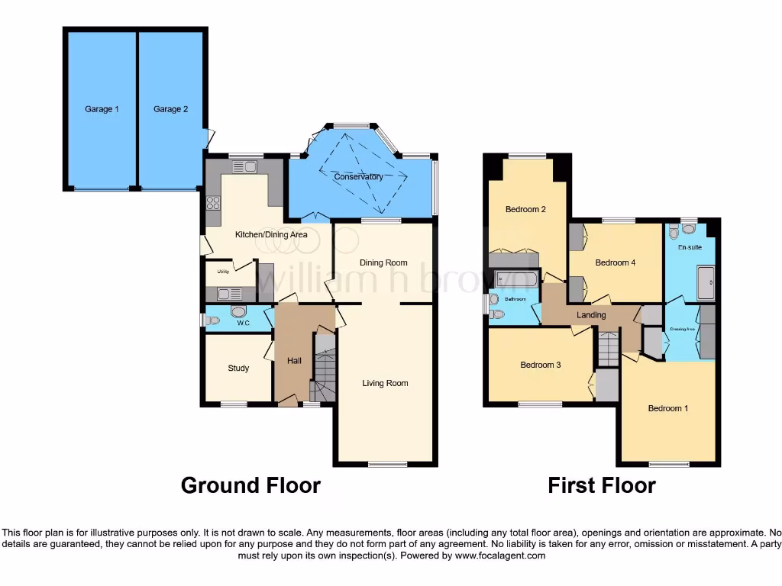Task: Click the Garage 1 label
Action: pyautogui.click(x=102, y=109)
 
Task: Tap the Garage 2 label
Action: pyautogui.click(x=170, y=109)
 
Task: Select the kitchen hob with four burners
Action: pyautogui.click(x=213, y=203)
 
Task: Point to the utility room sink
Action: pyautogui.click(x=225, y=293)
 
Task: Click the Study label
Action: pyautogui.click(x=238, y=369)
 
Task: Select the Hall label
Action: pyautogui.click(x=295, y=360)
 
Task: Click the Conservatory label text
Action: pyautogui.click(x=358, y=177)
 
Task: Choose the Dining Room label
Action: pyautogui.click(x=384, y=262)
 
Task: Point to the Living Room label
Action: pyautogui.click(x=385, y=383)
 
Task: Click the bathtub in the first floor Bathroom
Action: pyautogui.click(x=516, y=278)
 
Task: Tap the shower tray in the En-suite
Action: pyautogui.click(x=706, y=282)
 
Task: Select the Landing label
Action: pyautogui.click(x=591, y=315)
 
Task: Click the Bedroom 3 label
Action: pyautogui.click(x=541, y=365)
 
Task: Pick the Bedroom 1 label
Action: pyautogui.click(x=668, y=408)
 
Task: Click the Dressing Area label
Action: pyautogui.click(x=682, y=330)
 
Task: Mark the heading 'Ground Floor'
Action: pyautogui.click(x=250, y=485)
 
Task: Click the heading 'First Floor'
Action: pyautogui.click(x=602, y=485)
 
